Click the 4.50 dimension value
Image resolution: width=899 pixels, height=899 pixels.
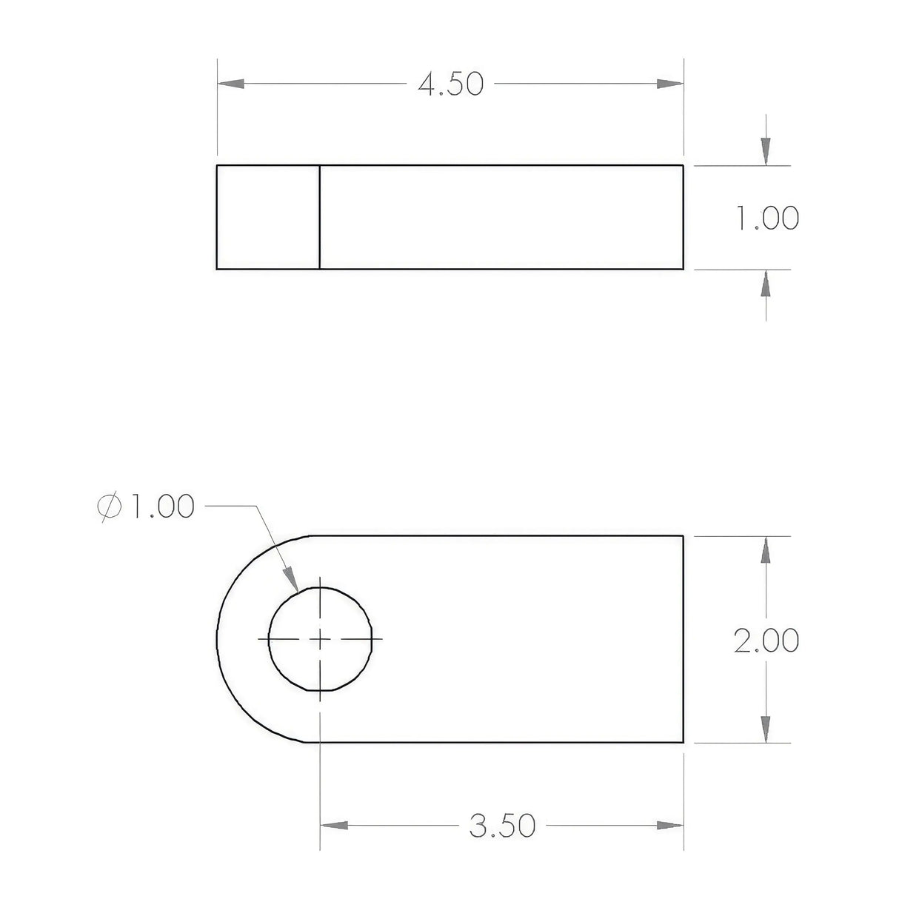(450, 84)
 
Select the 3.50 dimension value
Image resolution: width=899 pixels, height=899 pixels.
(502, 825)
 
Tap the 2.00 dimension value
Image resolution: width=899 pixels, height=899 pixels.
(766, 641)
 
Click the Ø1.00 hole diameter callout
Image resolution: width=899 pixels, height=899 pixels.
(146, 507)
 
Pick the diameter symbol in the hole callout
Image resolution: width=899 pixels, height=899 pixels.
(109, 507)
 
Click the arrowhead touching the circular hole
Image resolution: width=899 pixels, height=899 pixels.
(292, 579)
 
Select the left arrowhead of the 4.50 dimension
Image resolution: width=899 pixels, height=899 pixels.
(231, 84)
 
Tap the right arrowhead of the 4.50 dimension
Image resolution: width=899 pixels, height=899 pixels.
(670, 84)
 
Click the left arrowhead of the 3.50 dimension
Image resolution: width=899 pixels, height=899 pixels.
(334, 825)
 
